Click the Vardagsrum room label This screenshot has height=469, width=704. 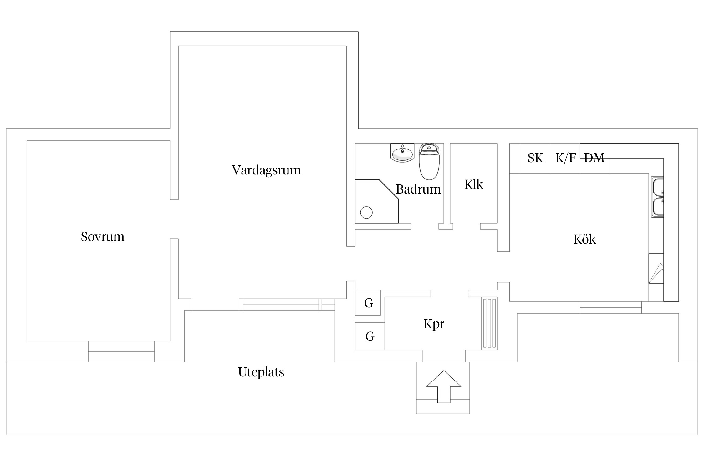point(266,170)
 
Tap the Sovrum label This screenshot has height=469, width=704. point(103,237)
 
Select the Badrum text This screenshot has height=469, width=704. point(418,189)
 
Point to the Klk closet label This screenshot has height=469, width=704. point(473,184)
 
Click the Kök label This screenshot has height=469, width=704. point(584,239)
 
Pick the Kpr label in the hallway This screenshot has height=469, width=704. point(434,324)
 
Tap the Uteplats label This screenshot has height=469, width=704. point(261,372)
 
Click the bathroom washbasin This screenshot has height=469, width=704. point(402,153)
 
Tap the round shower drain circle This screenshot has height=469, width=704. point(366,213)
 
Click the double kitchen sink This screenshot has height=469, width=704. point(658,197)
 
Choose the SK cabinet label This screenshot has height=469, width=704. point(535,158)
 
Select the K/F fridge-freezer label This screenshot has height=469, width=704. point(565,158)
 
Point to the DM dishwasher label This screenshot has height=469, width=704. point(594,158)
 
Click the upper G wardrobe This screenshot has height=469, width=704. point(368,303)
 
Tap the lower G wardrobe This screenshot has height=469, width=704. point(370,336)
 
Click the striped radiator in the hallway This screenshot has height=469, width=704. point(489,323)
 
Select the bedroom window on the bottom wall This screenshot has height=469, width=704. point(121,351)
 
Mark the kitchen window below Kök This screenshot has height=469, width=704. point(610,307)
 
